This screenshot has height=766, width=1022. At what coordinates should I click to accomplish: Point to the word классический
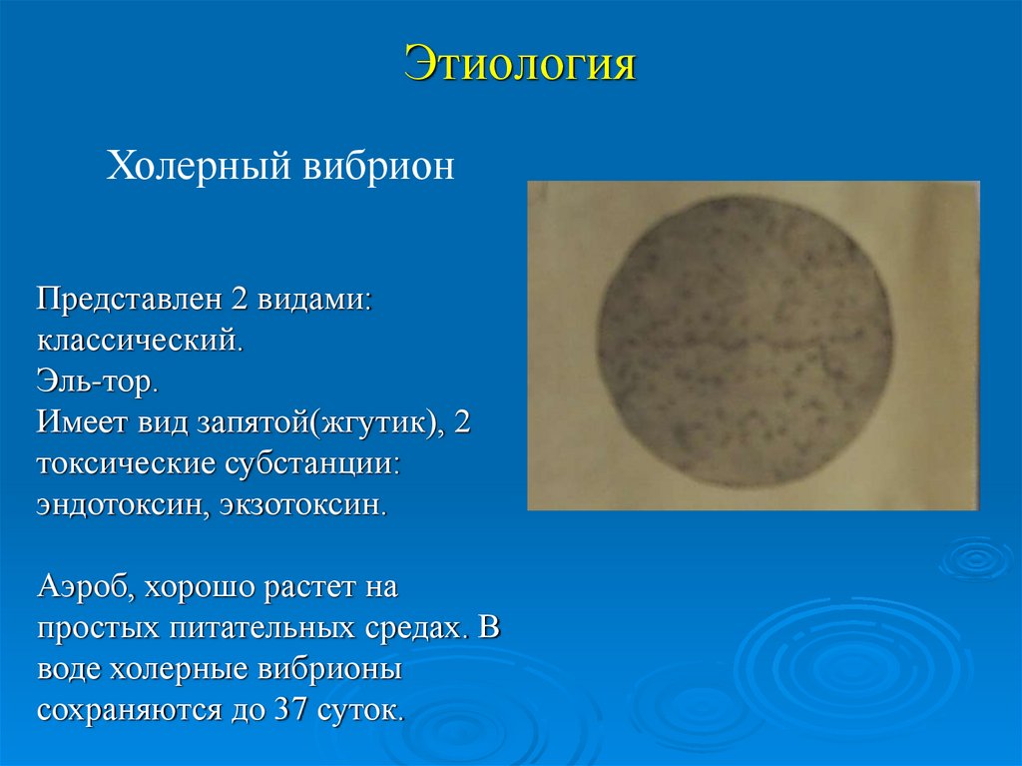point(140,340)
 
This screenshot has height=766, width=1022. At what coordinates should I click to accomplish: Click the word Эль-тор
point(98,382)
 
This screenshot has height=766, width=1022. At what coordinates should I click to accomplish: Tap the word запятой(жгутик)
point(328,422)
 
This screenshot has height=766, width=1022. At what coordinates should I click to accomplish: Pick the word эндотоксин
point(118,504)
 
